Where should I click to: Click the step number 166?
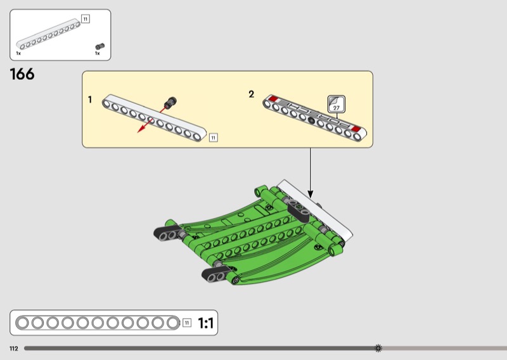[x=22, y=74]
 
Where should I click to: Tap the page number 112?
[x=14, y=349]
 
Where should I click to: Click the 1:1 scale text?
[x=205, y=323]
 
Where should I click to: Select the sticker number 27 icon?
[x=337, y=104]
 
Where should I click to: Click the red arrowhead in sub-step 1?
[x=141, y=129]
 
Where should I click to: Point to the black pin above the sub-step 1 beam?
[x=170, y=103]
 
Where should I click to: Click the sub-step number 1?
[x=90, y=100]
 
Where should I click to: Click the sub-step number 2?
[x=251, y=94]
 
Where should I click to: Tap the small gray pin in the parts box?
[x=100, y=46]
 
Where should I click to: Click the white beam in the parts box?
[x=48, y=34]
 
